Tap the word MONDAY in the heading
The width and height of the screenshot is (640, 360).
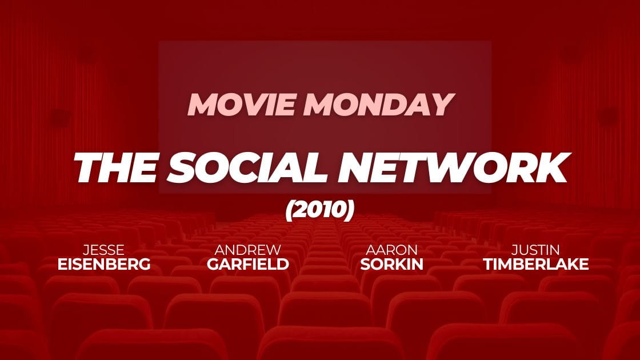379,105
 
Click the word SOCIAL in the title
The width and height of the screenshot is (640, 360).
247,167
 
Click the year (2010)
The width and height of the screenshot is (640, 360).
319,210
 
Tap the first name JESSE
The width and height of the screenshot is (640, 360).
103,249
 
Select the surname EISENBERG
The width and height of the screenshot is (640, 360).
103,264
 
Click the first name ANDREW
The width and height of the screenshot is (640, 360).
248,249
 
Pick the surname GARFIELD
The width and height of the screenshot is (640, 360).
248,264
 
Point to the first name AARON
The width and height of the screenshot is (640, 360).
391,249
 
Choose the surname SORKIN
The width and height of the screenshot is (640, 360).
391,264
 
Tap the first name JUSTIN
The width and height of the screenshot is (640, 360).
535,249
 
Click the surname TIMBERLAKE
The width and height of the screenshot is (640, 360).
535,264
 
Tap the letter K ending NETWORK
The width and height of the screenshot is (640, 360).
551,167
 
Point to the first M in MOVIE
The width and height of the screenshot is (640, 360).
203,105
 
